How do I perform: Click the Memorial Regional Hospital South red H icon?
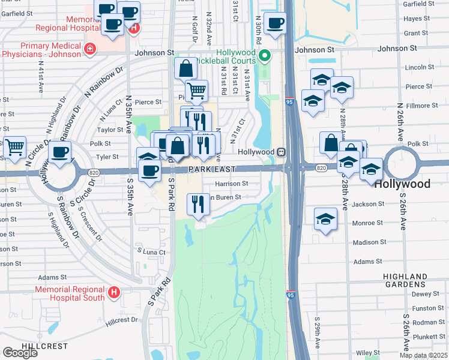114,293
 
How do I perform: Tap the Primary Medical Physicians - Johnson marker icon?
90,48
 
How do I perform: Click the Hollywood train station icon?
281,152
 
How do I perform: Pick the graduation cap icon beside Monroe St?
325,218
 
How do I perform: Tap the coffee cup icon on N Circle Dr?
59,152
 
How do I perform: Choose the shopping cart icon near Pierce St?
196,91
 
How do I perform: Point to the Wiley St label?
364,352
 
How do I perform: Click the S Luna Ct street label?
151,252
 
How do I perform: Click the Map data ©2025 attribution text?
423,355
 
